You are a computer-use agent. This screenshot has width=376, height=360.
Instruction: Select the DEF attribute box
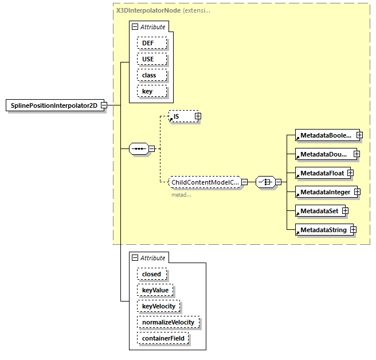pos(152,43)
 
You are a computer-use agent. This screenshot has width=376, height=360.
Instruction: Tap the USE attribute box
pos(152,59)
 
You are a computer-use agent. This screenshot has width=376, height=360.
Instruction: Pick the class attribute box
pos(152,75)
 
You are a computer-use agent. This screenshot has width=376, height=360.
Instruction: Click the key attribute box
pos(152,91)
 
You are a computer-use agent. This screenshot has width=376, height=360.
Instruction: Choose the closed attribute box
pos(152,274)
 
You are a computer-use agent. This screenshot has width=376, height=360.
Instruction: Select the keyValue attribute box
pos(155,290)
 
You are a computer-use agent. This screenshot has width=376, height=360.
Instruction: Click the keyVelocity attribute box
pos(159,306)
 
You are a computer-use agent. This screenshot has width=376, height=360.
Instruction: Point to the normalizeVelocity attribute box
pos(168,322)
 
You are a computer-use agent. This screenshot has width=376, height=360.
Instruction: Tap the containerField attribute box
pos(163,338)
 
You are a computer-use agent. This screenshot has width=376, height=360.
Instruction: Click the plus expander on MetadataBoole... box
pos(359,135)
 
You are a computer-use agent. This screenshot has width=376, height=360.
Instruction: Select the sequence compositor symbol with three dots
pos(139,149)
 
